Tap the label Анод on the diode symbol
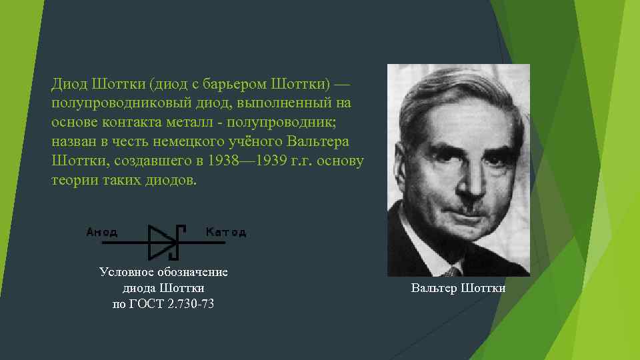[101, 232]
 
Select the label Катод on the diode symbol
[225, 232]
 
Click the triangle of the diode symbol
[161, 241]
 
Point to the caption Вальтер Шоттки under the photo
[458, 288]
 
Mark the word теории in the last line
[71, 180]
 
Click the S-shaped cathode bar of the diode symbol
[178, 241]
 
